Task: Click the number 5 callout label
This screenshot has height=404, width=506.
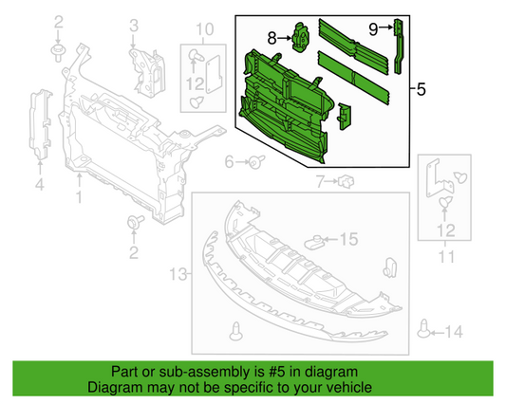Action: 421,90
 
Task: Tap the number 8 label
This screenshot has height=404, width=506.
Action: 272,39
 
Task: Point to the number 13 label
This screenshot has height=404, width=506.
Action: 175,274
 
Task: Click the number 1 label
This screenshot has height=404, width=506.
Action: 80,199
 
